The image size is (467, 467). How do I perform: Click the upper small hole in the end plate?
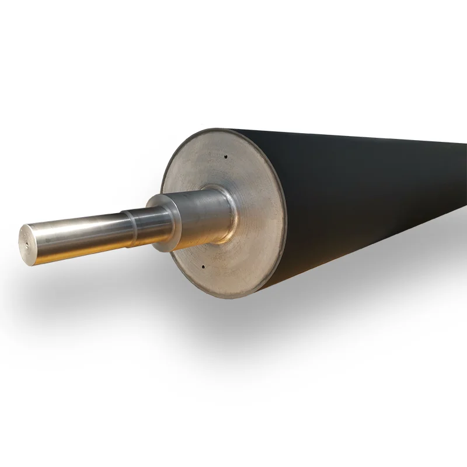coord(225,156)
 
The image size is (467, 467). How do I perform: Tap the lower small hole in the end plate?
coord(203,266)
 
